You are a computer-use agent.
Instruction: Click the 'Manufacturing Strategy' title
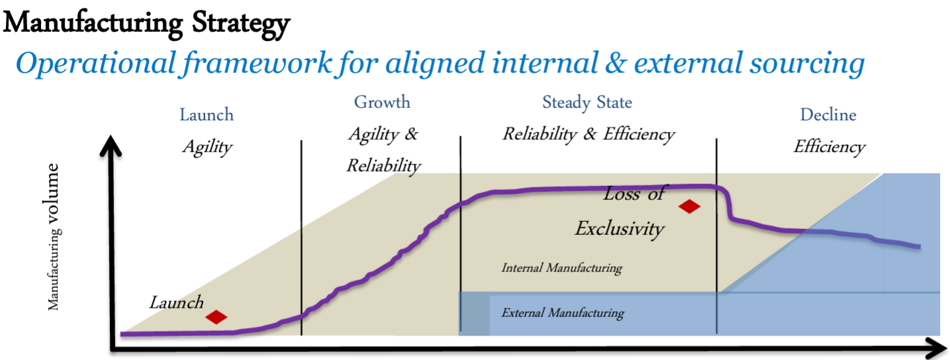point(146,23)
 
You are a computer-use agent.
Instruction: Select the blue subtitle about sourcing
point(440,64)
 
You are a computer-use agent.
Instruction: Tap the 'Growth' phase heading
point(382,102)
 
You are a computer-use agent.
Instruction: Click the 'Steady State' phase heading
point(587,102)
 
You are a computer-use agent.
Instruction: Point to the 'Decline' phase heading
point(828,114)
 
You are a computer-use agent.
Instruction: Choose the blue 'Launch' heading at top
point(207,114)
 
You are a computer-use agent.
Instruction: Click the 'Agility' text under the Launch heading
point(207,148)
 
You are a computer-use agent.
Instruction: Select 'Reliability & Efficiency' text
point(589,135)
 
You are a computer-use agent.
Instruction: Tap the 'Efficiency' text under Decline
point(829,147)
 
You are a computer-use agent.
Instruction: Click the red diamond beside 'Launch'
point(216,317)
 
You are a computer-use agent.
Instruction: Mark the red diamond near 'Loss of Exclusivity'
point(690,206)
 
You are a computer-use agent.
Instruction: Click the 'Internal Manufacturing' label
point(562,268)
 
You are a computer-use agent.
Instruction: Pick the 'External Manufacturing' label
point(563,313)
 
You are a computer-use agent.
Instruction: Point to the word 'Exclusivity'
point(620,229)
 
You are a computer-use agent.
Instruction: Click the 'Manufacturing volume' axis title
point(52,237)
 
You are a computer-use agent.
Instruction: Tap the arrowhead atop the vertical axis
point(111,144)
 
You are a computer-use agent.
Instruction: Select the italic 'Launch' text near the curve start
point(176,302)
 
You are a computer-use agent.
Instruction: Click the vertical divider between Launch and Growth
point(301,238)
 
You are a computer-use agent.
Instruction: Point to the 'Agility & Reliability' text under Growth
point(384,150)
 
